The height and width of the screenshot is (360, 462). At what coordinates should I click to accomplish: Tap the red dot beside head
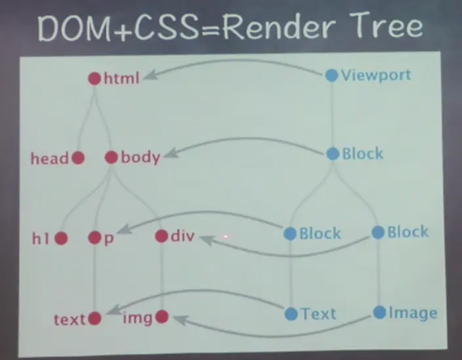pos(77,158)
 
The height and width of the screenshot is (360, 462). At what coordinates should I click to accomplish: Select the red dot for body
pos(111,158)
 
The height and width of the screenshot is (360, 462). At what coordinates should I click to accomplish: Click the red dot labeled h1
pos(61,238)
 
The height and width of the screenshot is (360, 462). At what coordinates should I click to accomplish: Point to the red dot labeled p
pos(95,238)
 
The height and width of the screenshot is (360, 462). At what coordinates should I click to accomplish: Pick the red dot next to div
pos(161,237)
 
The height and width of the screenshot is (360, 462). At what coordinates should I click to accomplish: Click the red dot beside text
pos(94,319)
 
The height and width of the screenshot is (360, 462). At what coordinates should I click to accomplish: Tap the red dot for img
pos(161,318)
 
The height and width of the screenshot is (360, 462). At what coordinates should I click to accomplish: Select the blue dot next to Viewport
pos(332,75)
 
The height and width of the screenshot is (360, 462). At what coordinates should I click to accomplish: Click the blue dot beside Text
pos(291,314)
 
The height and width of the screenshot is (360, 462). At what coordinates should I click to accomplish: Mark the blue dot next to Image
pos(379,313)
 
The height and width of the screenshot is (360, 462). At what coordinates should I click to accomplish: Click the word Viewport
pos(375,75)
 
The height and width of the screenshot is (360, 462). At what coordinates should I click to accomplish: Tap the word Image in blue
pos(413,313)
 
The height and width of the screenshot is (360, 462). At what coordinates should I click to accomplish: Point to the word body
pos(140,158)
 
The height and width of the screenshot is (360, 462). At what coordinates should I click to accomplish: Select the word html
pos(122,79)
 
